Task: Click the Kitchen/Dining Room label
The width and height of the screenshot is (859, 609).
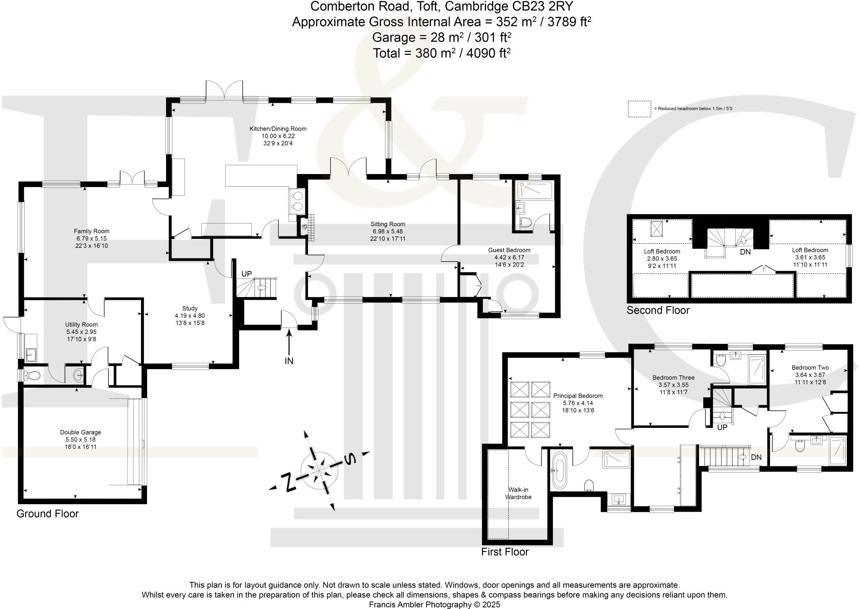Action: click(278, 129)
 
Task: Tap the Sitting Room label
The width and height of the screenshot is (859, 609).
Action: click(388, 224)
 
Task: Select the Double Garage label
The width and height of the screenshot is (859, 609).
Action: click(81, 432)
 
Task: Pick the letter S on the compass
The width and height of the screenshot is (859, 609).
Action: click(349, 460)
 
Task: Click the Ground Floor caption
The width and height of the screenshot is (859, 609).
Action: click(47, 514)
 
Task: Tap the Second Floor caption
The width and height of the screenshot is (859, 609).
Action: click(658, 310)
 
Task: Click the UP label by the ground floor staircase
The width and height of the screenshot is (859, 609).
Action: click(247, 274)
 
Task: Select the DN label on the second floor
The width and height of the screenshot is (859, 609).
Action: click(745, 252)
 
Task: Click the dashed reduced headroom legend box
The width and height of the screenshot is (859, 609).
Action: click(639, 109)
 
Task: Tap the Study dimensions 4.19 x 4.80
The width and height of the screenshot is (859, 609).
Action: click(190, 316)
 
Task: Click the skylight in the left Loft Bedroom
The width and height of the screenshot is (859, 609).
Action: click(656, 228)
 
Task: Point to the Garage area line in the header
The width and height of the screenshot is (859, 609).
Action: click(441, 37)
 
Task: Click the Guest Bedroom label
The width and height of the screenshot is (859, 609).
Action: click(509, 250)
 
